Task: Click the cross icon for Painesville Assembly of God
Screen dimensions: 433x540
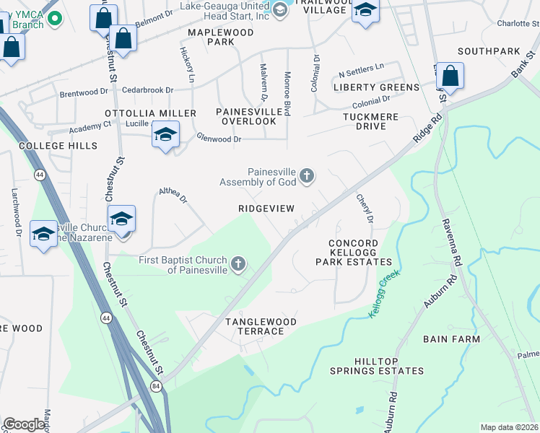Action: coord(307,176)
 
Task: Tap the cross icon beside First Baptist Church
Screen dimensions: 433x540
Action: coord(239,265)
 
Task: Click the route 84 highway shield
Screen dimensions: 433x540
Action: coord(155,388)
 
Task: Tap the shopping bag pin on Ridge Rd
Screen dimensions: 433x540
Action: coord(450,76)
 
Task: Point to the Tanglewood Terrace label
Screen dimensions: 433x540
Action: coord(261,326)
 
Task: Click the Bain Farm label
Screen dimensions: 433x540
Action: coord(452,338)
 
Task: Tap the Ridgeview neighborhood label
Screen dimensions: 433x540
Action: coord(266,208)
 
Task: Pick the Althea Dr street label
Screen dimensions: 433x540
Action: coord(173,195)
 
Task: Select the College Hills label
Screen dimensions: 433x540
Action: coord(58,146)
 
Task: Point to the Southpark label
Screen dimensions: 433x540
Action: coord(489,51)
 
